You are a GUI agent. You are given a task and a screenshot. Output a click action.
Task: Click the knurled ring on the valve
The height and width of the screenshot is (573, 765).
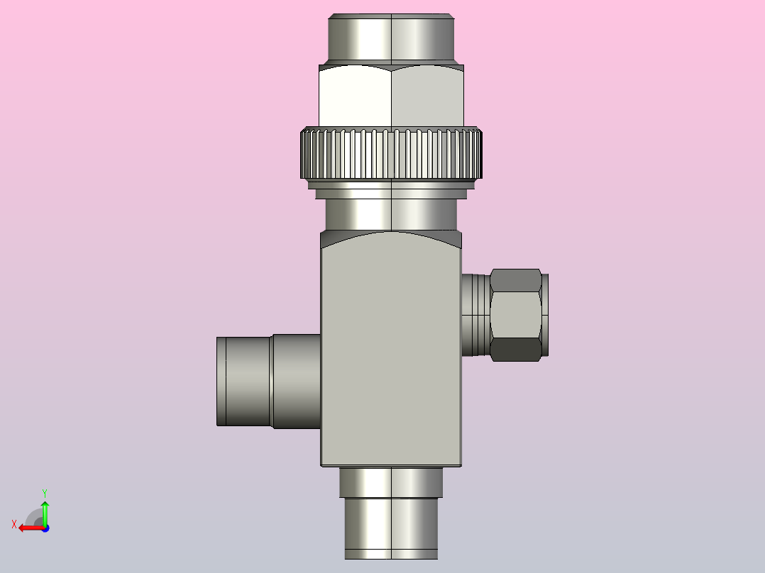[x=391, y=153]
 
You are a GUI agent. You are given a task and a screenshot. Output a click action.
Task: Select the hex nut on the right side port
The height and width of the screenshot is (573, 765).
[x=516, y=315]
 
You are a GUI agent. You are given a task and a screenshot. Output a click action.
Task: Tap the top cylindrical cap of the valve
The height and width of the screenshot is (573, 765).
[x=391, y=38]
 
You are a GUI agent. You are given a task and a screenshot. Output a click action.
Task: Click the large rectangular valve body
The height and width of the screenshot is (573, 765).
[x=391, y=349]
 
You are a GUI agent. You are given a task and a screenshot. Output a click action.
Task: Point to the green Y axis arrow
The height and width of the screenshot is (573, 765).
[x=45, y=512]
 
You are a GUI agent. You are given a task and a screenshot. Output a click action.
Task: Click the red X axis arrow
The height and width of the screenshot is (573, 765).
[x=32, y=528]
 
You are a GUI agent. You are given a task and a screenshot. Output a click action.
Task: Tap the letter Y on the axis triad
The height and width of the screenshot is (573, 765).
[x=45, y=494]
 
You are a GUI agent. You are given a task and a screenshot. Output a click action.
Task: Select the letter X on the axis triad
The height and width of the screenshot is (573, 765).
[x=14, y=525]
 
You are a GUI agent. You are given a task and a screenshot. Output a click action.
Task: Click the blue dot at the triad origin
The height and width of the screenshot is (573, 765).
[x=45, y=528]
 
